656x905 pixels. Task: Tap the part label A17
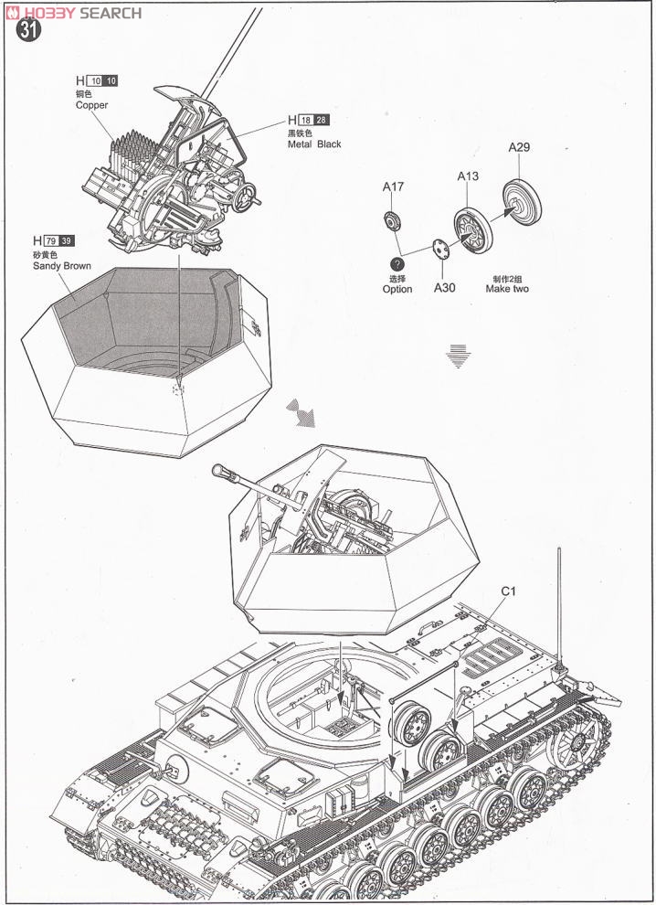tap(393, 187)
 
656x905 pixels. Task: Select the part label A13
tap(469, 176)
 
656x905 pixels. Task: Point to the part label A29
tap(520, 147)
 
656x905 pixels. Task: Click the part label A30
tap(444, 288)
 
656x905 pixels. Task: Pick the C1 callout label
tap(509, 591)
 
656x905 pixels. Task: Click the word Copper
tap(91, 105)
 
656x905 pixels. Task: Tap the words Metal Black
tap(313, 144)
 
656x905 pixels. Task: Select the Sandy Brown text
tap(61, 266)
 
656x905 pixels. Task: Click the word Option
tap(397, 289)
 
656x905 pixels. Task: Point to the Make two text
tap(507, 289)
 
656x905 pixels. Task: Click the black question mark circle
tap(397, 263)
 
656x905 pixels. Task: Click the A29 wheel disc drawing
tap(522, 202)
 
